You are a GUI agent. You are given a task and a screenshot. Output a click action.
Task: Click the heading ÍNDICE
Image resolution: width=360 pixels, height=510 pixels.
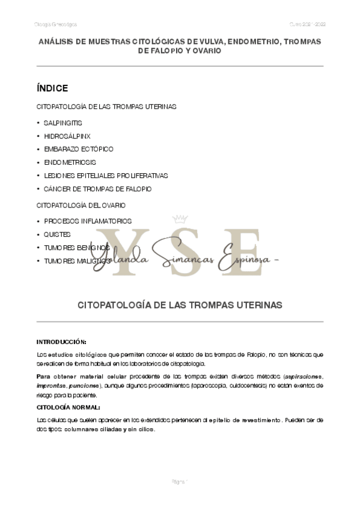coord(52,88)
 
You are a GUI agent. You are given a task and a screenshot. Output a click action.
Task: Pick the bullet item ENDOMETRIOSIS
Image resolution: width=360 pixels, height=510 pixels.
coord(70,162)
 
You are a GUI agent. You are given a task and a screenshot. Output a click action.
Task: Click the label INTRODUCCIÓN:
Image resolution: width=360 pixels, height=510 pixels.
coord(61,342)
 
